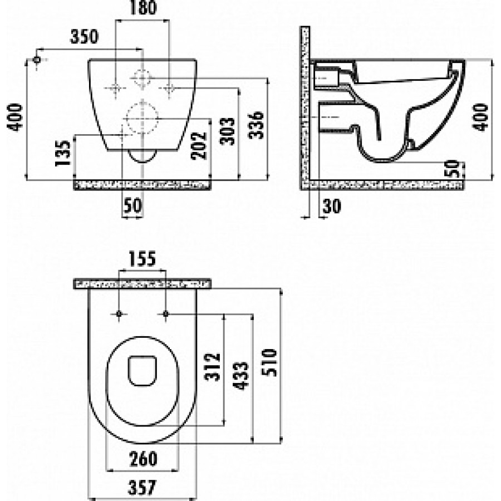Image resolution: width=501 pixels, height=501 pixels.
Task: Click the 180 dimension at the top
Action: click(x=141, y=9)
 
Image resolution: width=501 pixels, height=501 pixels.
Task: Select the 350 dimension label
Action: click(x=84, y=37)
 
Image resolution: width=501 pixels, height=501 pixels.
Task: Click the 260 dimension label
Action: click(x=143, y=460)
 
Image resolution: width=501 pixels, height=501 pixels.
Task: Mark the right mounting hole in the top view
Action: click(x=166, y=316)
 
